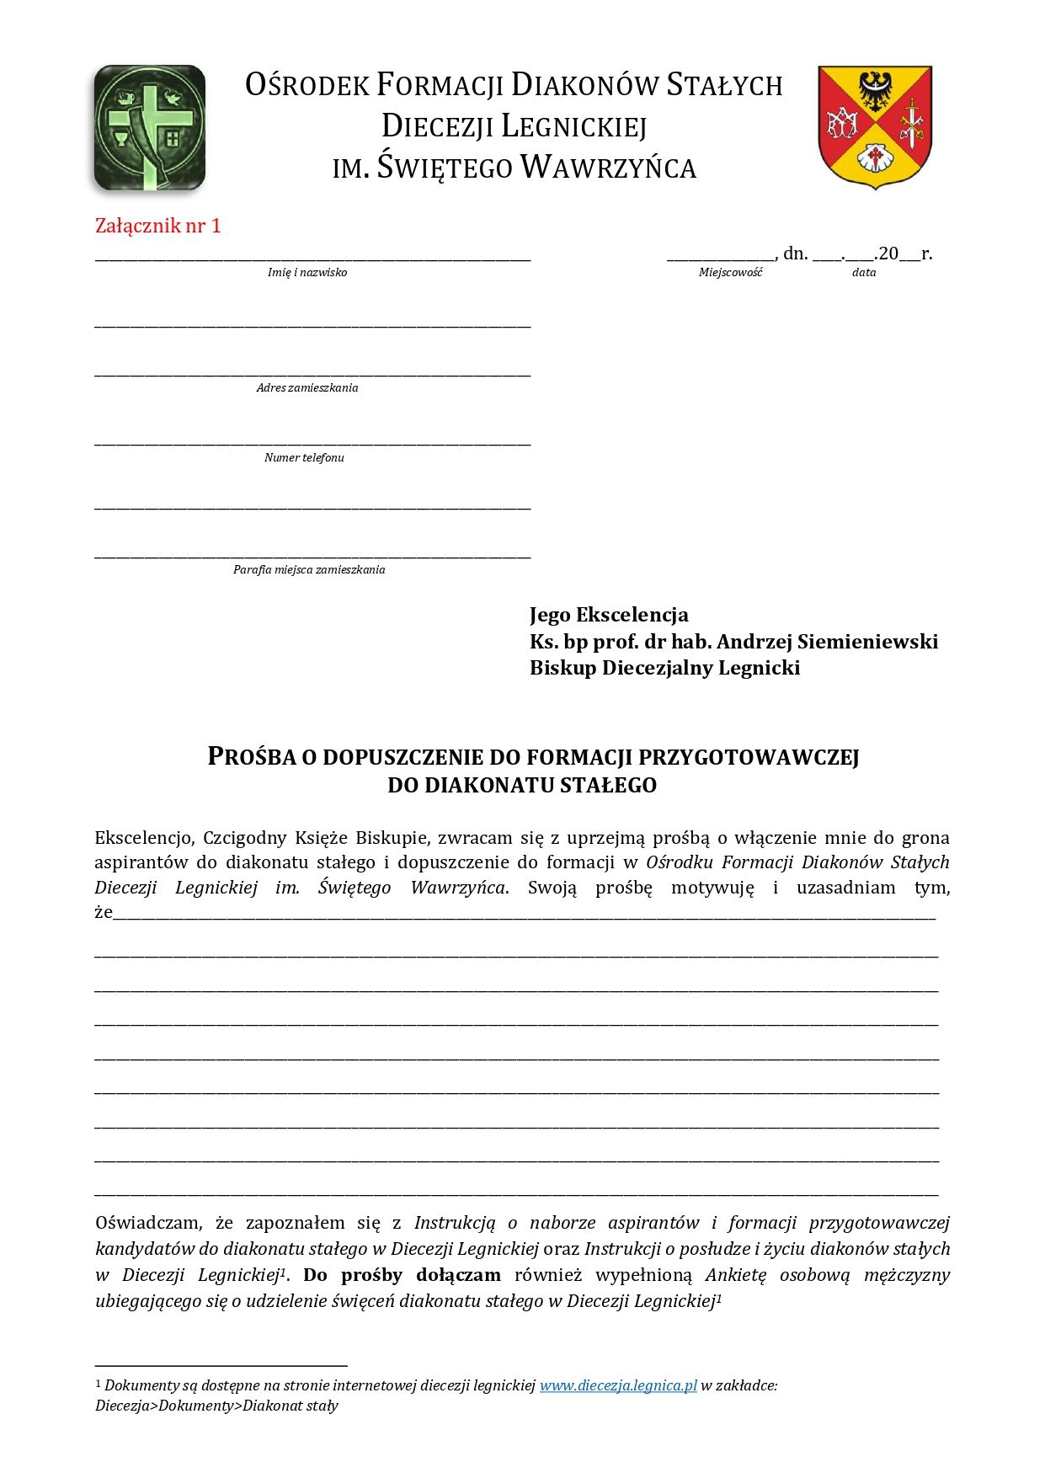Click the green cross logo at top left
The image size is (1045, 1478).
tap(150, 127)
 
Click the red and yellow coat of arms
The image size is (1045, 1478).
tap(875, 126)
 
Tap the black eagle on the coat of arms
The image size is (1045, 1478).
tap(875, 89)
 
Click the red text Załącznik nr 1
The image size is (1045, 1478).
tap(158, 226)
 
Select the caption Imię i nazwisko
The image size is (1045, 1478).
tap(307, 273)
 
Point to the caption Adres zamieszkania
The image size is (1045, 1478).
tap(307, 388)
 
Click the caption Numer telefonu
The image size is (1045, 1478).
tap(304, 458)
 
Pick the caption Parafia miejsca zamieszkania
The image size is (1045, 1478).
tap(309, 570)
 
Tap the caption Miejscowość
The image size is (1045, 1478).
tap(730, 273)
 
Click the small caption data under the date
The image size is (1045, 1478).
tap(864, 273)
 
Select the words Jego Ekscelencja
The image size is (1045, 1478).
tap(609, 615)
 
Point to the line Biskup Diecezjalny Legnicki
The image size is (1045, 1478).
tap(664, 668)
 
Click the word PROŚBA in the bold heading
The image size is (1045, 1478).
tap(252, 757)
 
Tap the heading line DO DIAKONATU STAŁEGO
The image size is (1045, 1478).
tap(522, 786)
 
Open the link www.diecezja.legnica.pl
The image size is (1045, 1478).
tap(618, 1385)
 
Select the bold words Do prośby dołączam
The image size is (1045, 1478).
tap(402, 1275)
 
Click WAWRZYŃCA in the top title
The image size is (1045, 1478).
tap(608, 168)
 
